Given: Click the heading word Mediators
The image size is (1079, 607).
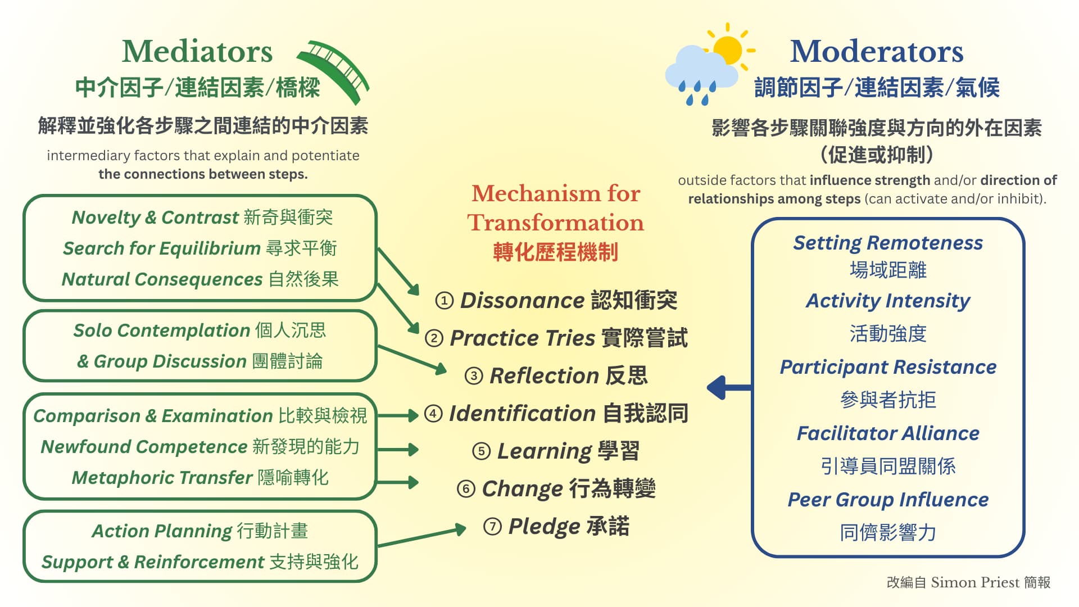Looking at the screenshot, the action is pos(197,51).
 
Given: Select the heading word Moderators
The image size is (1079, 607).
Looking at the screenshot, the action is pos(877,51).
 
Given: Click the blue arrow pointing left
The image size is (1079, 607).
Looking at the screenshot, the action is pos(729,387).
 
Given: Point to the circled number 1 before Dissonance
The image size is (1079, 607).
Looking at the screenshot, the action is pos(445,301).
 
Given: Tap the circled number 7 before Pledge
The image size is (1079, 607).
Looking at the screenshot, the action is pos(492,527).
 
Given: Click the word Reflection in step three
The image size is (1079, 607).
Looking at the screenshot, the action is pos(544,375).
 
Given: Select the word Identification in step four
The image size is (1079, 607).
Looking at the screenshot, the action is pos(522,414).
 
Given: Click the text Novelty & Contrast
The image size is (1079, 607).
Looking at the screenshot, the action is pos(155,218).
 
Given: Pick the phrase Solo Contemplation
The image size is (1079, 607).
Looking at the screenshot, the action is pos(161,330).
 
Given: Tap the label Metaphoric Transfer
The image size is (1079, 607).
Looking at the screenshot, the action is pos(162,478).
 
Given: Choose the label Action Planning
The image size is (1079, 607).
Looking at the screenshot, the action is pos(162,531).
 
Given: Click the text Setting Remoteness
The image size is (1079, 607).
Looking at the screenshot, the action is pos(888,243).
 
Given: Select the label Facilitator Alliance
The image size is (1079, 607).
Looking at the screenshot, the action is pos(888,433).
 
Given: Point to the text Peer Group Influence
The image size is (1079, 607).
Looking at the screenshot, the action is pos(888,500).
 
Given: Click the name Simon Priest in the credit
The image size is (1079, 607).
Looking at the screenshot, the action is pos(975,582).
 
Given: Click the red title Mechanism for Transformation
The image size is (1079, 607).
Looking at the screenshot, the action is pos(556,208).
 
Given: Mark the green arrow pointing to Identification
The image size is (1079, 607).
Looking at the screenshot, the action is pos(398,416).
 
